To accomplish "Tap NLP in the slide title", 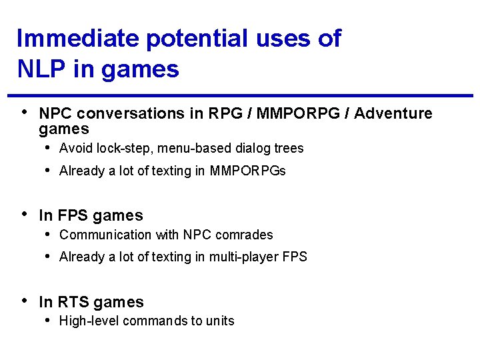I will (x=39, y=68).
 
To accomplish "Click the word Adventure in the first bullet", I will (x=393, y=114).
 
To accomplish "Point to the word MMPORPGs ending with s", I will (x=247, y=171).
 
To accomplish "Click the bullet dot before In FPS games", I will (x=25, y=214).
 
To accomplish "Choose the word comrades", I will (x=244, y=235).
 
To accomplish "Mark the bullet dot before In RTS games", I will (x=25, y=301).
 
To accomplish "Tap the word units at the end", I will (x=220, y=321).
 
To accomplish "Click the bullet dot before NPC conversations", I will (x=25, y=112).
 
